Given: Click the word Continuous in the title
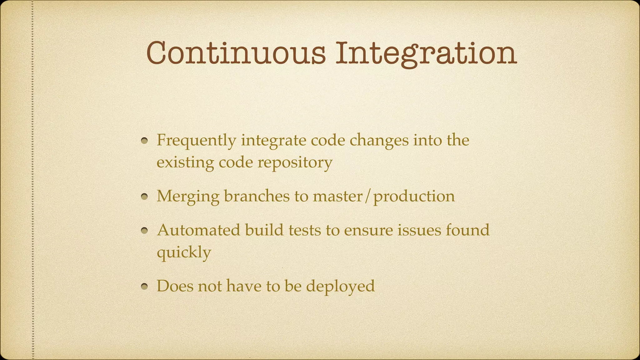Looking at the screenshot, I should (x=236, y=53).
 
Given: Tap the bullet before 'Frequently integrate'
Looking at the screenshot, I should (x=144, y=141).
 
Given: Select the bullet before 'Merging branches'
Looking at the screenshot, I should (x=144, y=197).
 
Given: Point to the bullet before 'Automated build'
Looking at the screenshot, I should (x=144, y=231).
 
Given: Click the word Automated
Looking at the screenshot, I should (x=198, y=230).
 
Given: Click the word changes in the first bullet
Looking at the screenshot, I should (x=379, y=141).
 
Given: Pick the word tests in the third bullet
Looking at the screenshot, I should (x=304, y=230).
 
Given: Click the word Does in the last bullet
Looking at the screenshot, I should (x=175, y=286).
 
